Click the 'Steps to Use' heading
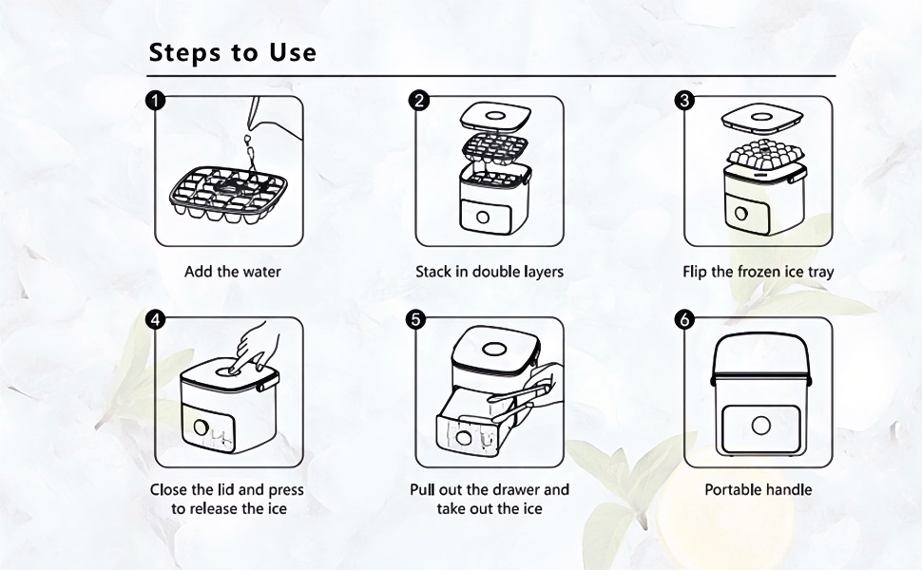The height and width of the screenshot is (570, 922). click(x=232, y=52)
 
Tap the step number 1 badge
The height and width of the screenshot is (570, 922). click(x=155, y=101)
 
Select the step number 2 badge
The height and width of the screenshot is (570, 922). click(x=418, y=101)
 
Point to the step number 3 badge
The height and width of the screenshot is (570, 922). click(x=683, y=101)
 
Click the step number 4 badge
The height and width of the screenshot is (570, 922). click(x=155, y=319)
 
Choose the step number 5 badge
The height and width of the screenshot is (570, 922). click(x=415, y=319)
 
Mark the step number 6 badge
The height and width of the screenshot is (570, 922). click(x=683, y=319)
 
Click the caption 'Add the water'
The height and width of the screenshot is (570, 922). click(x=232, y=272)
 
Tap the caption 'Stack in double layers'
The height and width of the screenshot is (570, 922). click(x=490, y=272)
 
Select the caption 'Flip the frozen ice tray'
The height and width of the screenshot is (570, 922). click(x=758, y=272)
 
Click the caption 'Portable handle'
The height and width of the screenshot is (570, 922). click(x=758, y=489)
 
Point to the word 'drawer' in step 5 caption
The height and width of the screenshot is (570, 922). click(x=516, y=489)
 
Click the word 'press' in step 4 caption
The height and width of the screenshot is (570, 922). click(x=286, y=490)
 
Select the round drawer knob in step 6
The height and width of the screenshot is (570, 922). click(x=760, y=425)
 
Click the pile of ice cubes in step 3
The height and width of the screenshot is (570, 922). click(x=764, y=156)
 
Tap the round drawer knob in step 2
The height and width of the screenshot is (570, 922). click(x=483, y=217)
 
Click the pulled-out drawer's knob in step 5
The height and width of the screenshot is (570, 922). click(x=463, y=438)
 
